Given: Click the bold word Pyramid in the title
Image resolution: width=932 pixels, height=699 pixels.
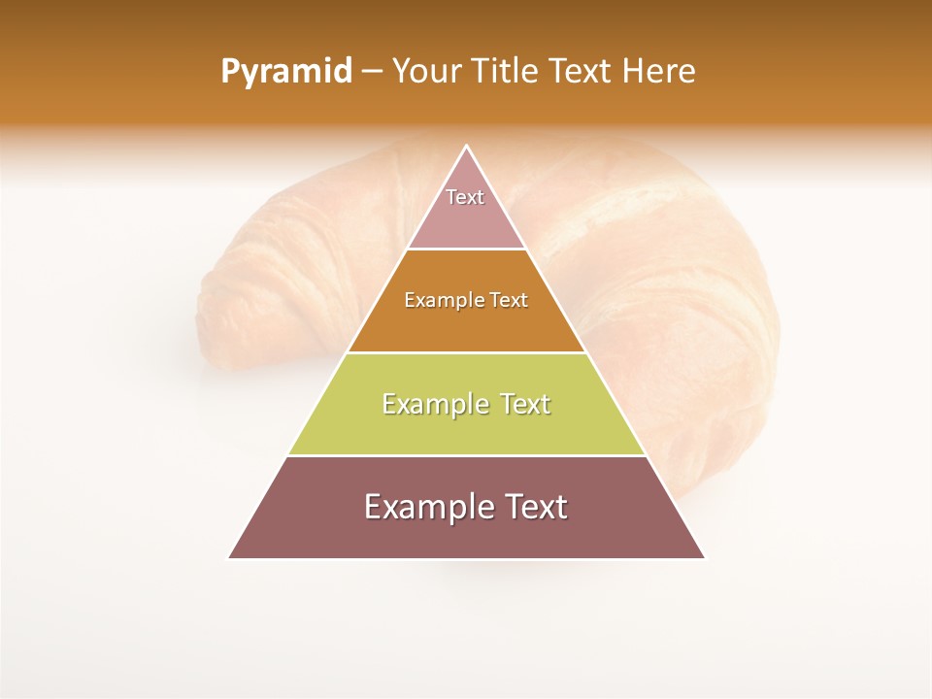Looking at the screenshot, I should [286, 72].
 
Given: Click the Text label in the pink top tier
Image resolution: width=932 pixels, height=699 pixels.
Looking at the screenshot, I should [465, 197].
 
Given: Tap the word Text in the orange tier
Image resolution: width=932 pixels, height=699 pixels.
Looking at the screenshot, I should [509, 300].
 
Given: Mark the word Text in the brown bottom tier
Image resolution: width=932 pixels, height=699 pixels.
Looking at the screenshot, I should [535, 507].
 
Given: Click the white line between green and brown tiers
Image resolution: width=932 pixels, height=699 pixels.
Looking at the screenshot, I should [467, 455].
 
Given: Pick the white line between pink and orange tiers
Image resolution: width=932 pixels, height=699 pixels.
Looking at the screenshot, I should [467, 250].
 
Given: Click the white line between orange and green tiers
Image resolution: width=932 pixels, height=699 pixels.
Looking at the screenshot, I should [467, 352].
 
